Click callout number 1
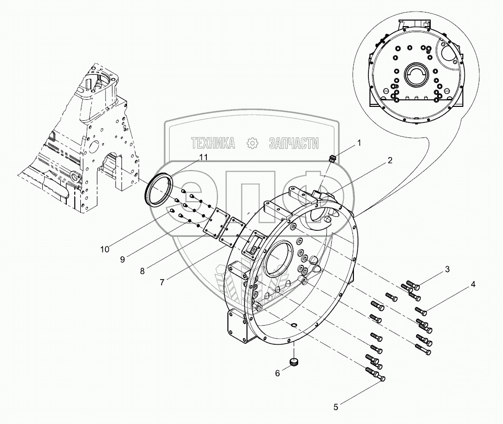pos(359,143)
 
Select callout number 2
pos(390,161)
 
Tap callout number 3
pos(447,269)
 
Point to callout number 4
pos(473,284)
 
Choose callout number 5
pos(336,407)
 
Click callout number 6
pos(278,373)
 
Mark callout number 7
pos(162,282)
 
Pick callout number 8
pos(143,271)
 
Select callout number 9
pos(122,259)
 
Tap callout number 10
pos(105,249)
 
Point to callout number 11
pos(203,157)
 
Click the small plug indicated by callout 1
pos(333,159)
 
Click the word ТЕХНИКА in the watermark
pos(213,144)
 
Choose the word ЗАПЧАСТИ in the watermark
pos(294,144)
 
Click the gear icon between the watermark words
pos(252,144)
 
